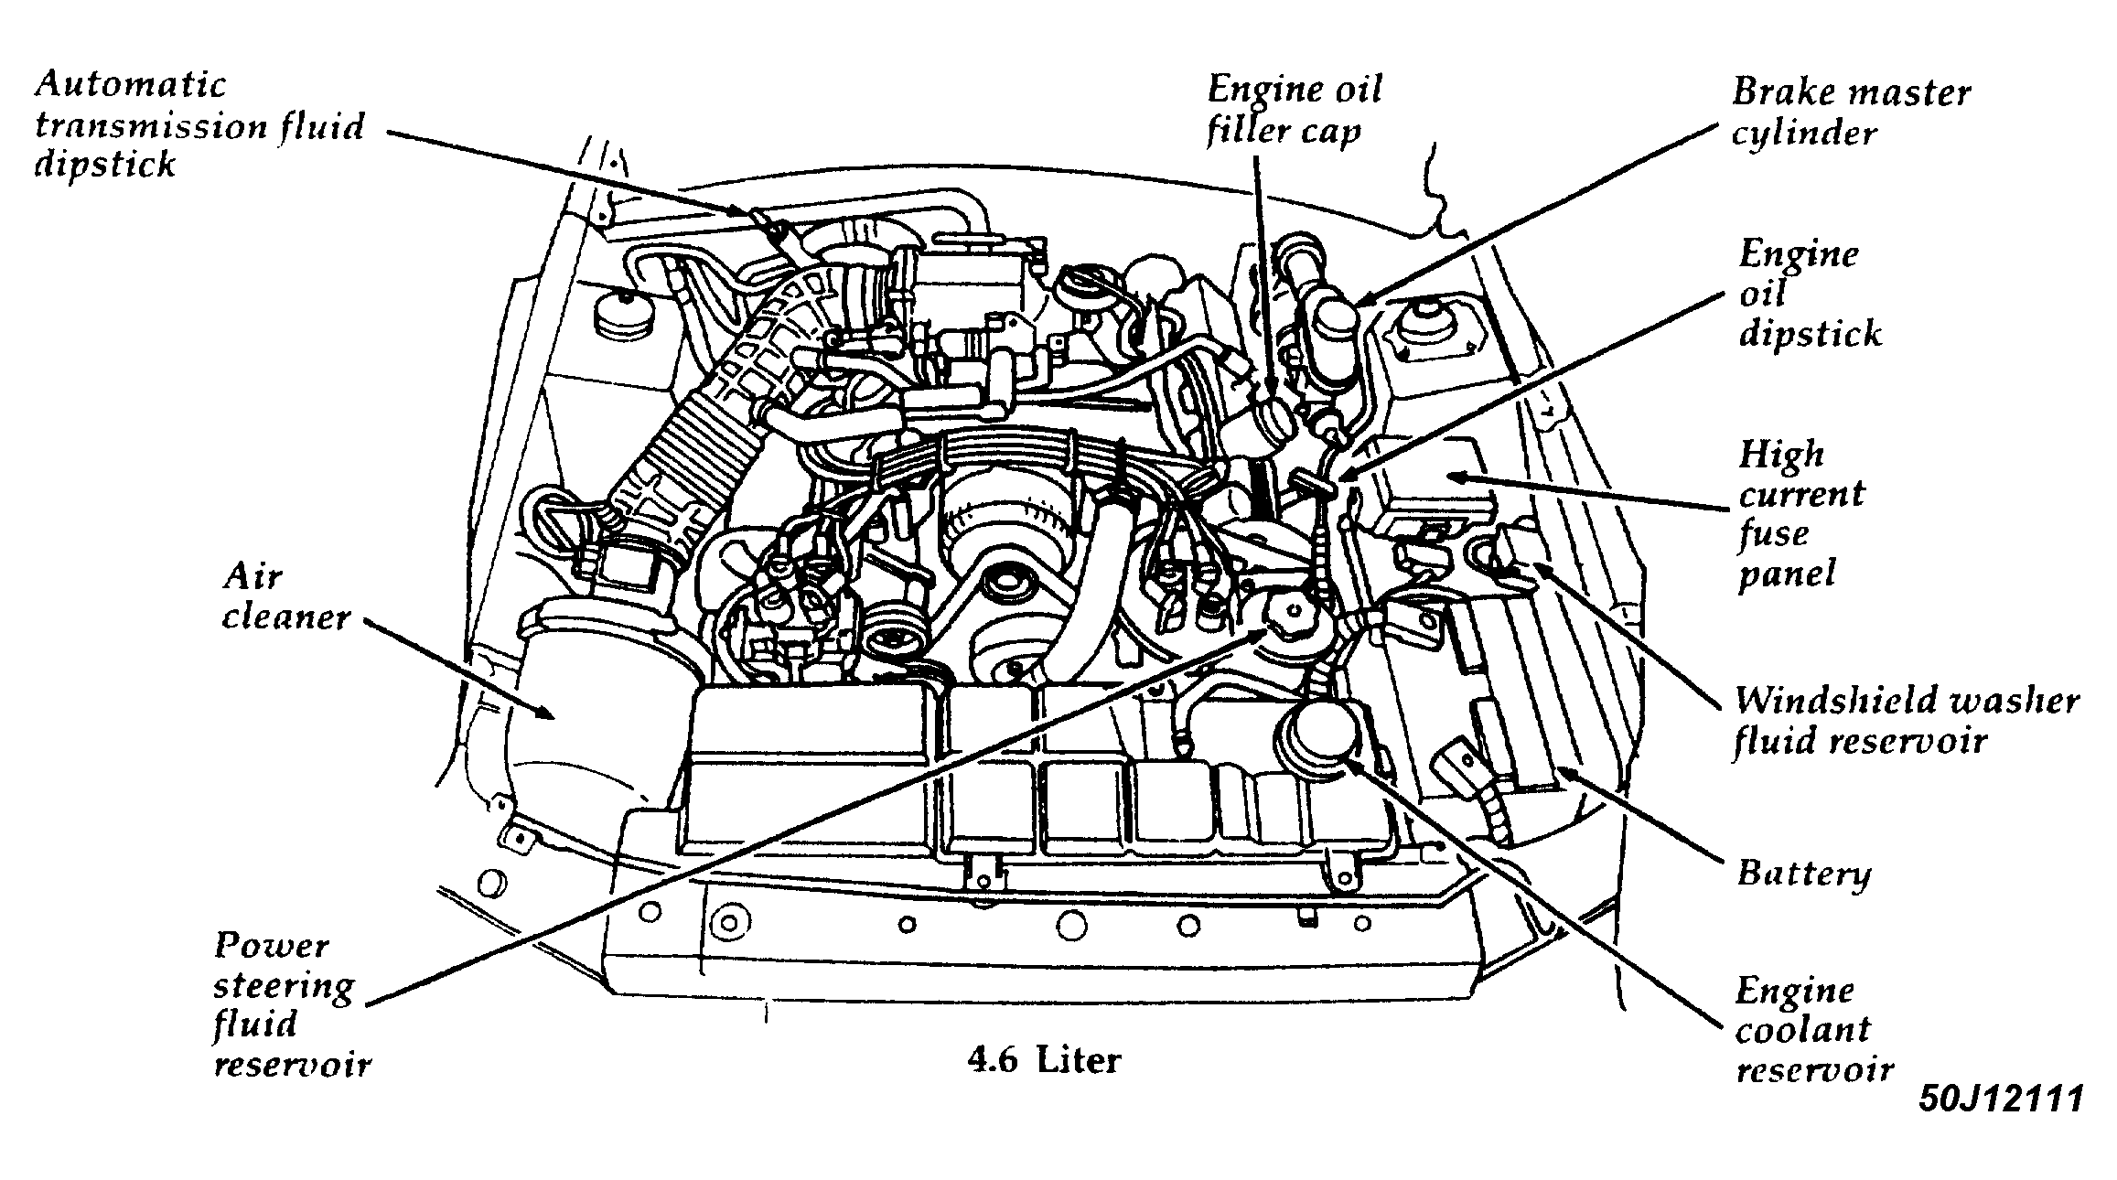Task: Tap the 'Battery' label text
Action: tap(1803, 873)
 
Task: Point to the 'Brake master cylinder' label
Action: tap(1850, 113)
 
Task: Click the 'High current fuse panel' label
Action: tap(1799, 514)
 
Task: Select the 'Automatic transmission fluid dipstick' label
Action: tap(199, 125)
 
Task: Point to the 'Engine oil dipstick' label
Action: tap(1809, 294)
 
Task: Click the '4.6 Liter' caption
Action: tap(1043, 1061)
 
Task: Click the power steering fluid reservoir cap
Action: tap(1293, 610)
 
